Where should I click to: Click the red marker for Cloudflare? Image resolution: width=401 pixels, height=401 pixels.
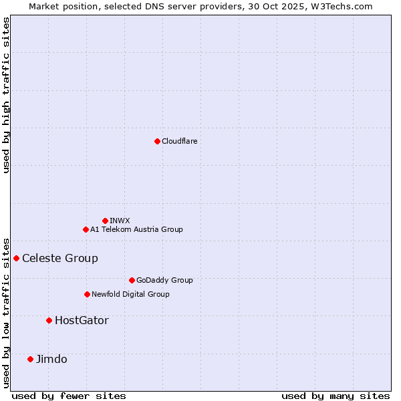pyautogui.click(x=157, y=141)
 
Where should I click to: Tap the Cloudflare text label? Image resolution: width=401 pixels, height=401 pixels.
pyautogui.click(x=179, y=141)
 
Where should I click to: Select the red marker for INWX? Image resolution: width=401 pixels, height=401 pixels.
pyautogui.click(x=105, y=221)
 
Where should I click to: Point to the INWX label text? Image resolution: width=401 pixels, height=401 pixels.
pyautogui.click(x=120, y=221)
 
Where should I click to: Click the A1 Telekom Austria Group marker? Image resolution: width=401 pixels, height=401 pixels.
pyautogui.click(x=86, y=229)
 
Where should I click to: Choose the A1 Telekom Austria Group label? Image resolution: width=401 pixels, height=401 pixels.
pyautogui.click(x=136, y=229)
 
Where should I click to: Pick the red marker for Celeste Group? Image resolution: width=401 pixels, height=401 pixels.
pyautogui.click(x=16, y=258)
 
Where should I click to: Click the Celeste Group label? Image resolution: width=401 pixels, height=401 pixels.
pyautogui.click(x=60, y=258)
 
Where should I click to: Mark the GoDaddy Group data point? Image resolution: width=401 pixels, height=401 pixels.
pyautogui.click(x=132, y=280)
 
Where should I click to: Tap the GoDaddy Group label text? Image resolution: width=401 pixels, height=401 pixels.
pyautogui.click(x=164, y=280)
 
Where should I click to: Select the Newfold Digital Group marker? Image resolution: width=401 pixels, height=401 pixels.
pyautogui.click(x=87, y=294)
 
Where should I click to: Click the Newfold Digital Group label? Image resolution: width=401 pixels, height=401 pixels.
pyautogui.click(x=130, y=294)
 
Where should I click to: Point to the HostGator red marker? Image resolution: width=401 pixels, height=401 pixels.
pyautogui.click(x=49, y=320)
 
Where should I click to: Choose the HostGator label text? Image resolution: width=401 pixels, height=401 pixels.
pyautogui.click(x=82, y=320)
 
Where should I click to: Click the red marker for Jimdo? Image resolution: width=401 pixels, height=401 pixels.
pyautogui.click(x=30, y=359)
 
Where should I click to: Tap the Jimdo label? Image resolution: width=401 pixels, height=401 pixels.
pyautogui.click(x=51, y=359)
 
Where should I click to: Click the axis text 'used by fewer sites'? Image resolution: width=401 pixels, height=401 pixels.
pyautogui.click(x=69, y=396)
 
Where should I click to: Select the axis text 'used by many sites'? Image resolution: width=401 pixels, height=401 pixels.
pyautogui.click(x=336, y=396)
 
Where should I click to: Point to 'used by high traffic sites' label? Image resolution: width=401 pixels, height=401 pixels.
pyautogui.click(x=6, y=95)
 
